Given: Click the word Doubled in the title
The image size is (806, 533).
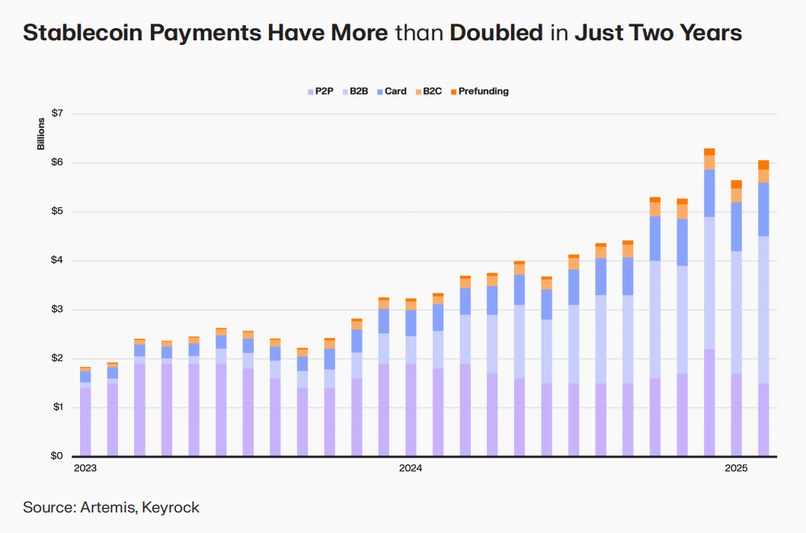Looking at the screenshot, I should pyautogui.click(x=497, y=33).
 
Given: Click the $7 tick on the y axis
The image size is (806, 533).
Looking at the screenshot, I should pyautogui.click(x=57, y=113).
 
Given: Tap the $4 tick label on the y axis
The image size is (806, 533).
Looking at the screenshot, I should pyautogui.click(x=57, y=260).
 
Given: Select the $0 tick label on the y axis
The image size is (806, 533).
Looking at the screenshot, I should pyautogui.click(x=57, y=456).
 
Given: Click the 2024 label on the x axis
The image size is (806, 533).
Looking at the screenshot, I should pyautogui.click(x=411, y=468).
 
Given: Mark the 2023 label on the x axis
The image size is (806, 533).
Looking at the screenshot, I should pyautogui.click(x=85, y=468).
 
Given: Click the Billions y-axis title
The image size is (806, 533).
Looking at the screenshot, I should pyautogui.click(x=41, y=135).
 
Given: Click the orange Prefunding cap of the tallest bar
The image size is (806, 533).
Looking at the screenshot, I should pyautogui.click(x=709, y=152).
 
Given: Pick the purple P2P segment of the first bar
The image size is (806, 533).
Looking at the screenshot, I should pyautogui.click(x=85, y=423).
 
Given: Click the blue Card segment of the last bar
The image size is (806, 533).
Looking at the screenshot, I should pyautogui.click(x=763, y=209).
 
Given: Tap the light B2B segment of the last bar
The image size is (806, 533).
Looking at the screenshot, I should pyautogui.click(x=763, y=308).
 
